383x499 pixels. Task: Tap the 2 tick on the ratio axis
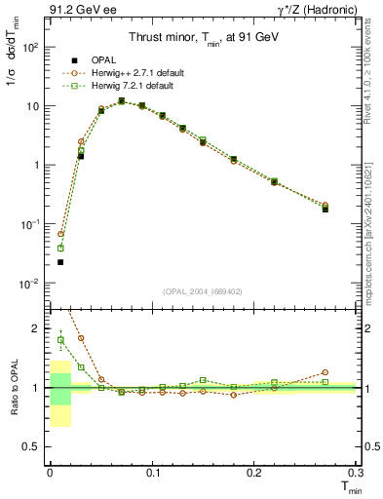pos(35,328)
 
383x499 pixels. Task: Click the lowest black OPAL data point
pos(60,262)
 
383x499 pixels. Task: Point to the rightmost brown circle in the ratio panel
pos(326,371)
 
